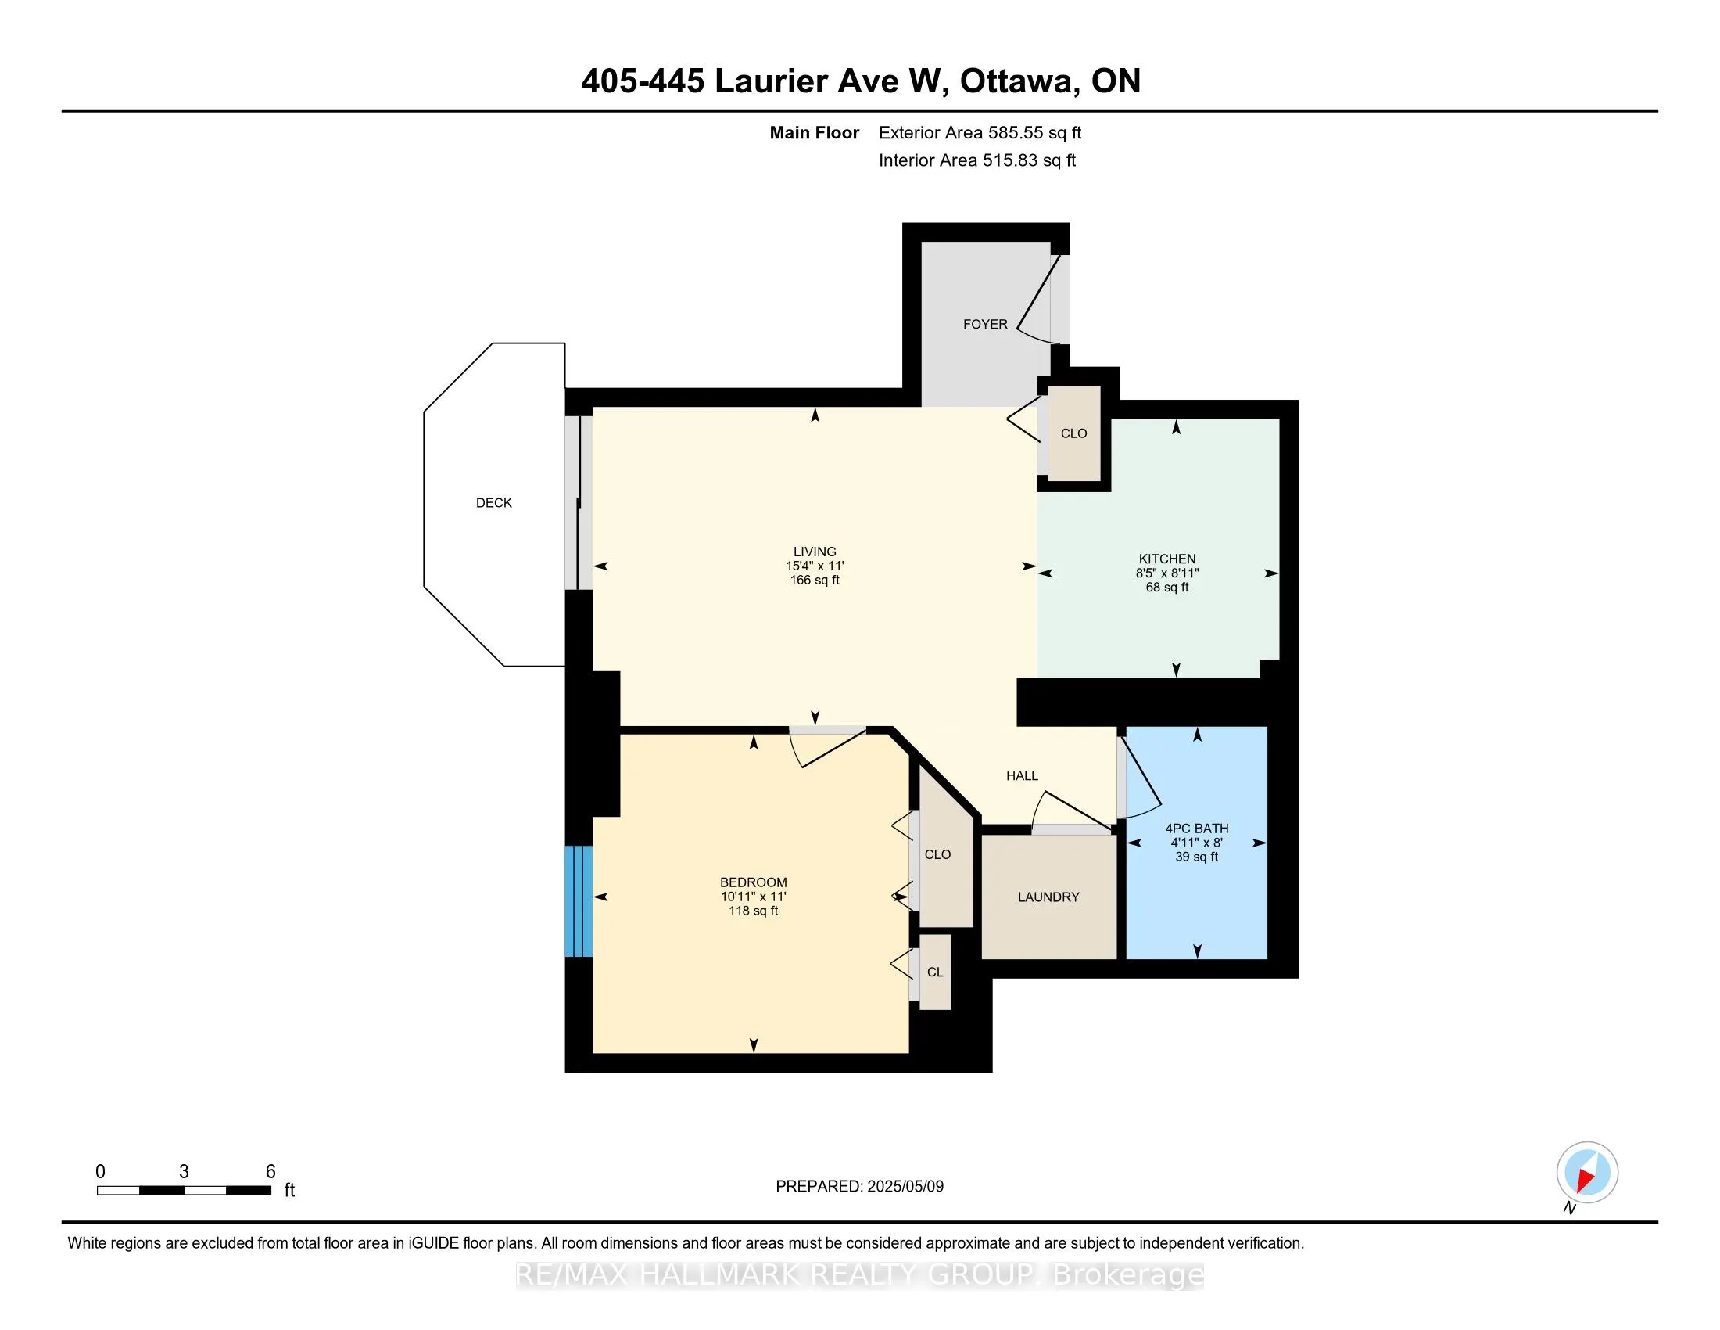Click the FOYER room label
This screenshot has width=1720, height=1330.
(985, 324)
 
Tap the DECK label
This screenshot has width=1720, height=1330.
(494, 503)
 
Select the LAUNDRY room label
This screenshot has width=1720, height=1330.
(1048, 897)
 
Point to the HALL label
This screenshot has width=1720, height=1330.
(1023, 775)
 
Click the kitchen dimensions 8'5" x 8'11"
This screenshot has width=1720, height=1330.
(1167, 573)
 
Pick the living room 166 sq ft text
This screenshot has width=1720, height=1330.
(815, 580)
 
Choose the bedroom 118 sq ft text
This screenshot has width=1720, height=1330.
(754, 911)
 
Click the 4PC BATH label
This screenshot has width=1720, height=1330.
(1197, 828)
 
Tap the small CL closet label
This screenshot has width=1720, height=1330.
(935, 972)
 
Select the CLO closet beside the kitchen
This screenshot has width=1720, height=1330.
(1073, 433)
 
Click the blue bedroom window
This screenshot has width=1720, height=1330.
(578, 901)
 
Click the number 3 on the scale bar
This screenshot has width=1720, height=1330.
(184, 1172)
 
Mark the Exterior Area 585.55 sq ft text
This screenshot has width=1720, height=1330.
(980, 132)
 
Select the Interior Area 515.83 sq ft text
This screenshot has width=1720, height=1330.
(977, 160)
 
